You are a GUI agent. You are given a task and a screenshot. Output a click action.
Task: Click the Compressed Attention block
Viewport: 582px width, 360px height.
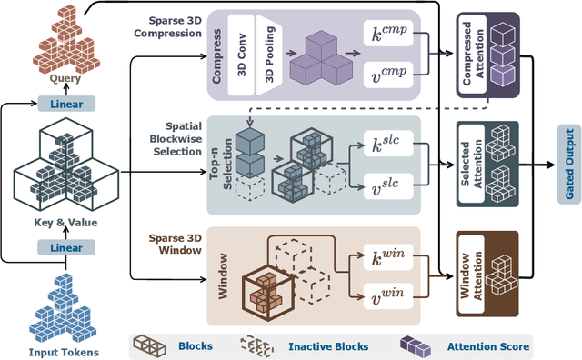tap(487, 54)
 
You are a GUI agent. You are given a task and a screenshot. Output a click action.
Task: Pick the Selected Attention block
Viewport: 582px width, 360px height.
tap(487, 164)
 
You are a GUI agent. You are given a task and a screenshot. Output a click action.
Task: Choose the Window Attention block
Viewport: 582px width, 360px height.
tap(487, 272)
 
